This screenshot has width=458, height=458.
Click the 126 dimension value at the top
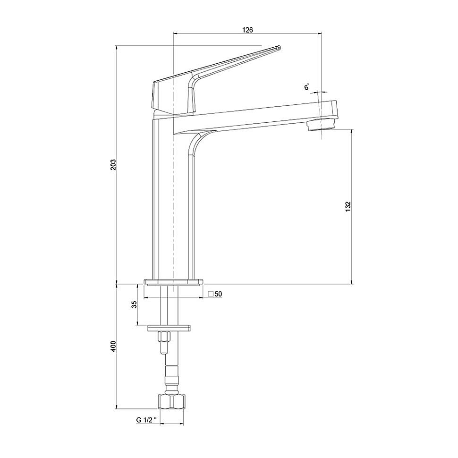pos(247,29)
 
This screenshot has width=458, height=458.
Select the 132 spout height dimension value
pos(348,206)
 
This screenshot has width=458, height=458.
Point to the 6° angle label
pos(307,87)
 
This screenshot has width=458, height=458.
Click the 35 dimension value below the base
pos(134,305)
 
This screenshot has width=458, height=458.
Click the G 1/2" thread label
pos(146,420)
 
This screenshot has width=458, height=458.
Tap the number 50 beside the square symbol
pos(218,294)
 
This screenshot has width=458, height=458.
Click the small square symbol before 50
pos(211,294)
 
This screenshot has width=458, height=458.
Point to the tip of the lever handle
pos(279,47)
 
